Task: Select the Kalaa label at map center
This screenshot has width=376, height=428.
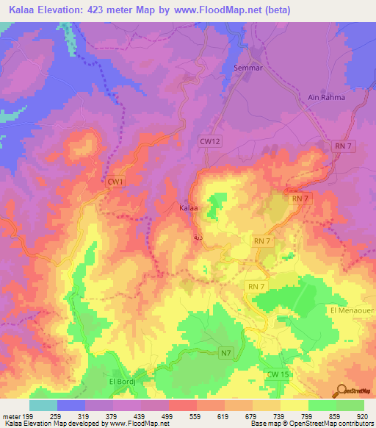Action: tap(189, 209)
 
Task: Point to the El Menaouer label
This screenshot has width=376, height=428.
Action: tap(352, 310)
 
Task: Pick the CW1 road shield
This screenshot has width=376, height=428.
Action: tap(115, 182)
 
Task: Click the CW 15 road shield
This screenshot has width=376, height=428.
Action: tap(276, 375)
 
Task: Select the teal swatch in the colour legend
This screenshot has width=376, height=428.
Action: tap(43, 405)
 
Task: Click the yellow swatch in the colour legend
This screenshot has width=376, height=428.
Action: tap(294, 405)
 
